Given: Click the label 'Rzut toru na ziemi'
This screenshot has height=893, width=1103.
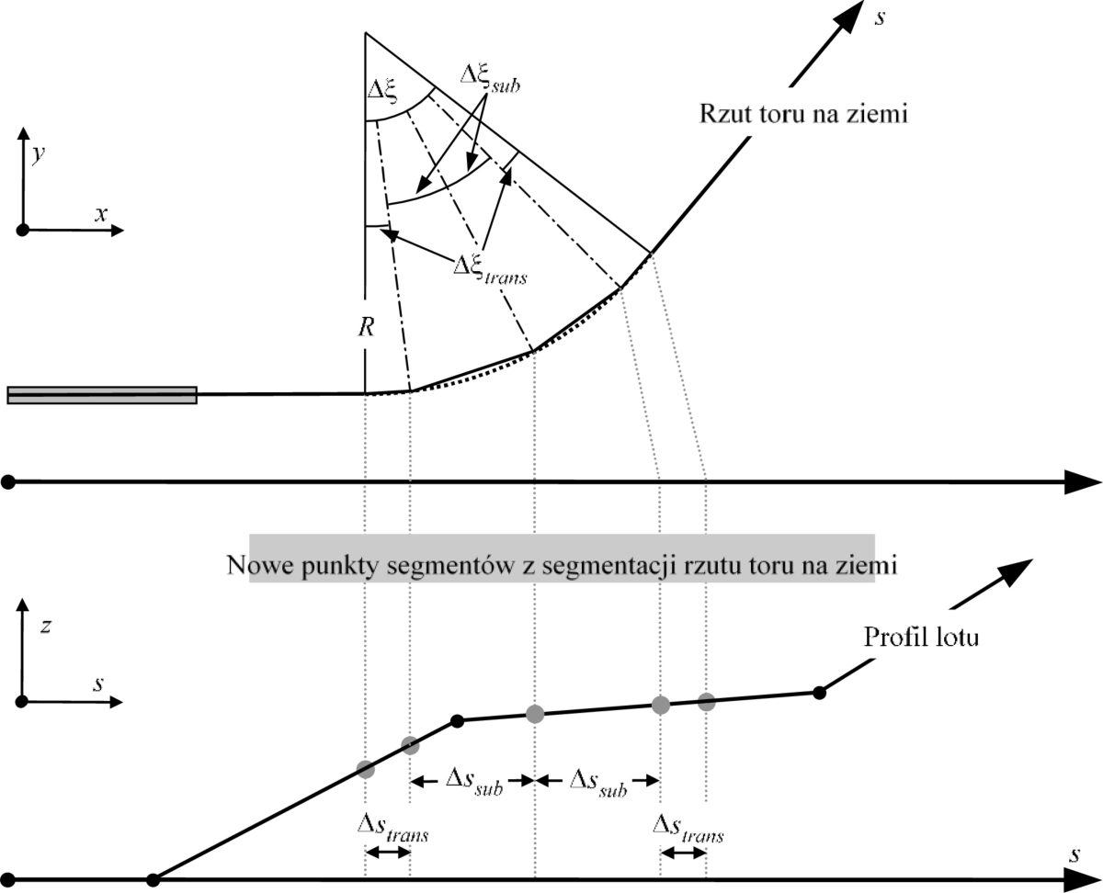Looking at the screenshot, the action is (803, 113).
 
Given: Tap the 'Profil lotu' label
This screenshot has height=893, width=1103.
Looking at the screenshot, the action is (921, 637).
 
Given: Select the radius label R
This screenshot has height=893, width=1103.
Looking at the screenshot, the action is (366, 327).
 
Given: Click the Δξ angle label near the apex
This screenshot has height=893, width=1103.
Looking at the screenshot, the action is (382, 92).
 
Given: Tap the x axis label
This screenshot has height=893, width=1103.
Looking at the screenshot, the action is (101, 213).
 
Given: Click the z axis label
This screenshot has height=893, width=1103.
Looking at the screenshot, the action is (46, 627).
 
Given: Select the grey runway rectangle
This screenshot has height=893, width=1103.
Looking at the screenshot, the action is (102, 395).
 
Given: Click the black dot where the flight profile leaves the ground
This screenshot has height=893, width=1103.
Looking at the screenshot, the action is (153, 879).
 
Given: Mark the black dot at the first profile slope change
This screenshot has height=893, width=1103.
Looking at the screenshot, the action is (457, 720).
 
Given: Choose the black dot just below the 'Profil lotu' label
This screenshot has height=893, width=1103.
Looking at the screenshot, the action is (819, 692).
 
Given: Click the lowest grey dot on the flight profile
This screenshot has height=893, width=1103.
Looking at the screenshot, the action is (366, 769).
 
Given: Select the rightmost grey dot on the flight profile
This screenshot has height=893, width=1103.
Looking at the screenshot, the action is (706, 702).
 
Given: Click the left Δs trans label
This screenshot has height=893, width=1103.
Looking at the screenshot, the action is (393, 829).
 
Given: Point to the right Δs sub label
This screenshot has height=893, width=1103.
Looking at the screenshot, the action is (598, 783).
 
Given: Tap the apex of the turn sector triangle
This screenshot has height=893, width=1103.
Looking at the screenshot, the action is (366, 33).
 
